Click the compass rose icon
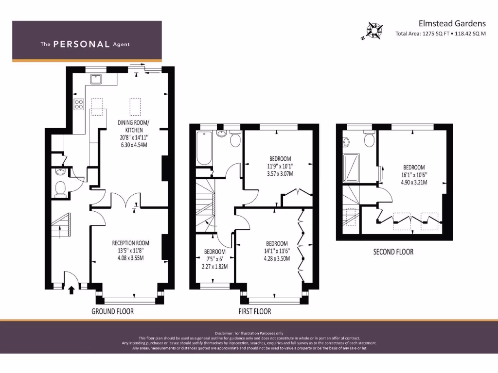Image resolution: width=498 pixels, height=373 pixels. click(374, 30)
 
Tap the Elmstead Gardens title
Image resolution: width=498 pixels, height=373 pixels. click(452, 23)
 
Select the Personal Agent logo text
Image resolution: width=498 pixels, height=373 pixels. click(85, 44)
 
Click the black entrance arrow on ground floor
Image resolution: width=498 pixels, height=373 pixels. click(72, 290)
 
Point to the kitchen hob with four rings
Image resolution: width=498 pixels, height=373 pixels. click(79, 104)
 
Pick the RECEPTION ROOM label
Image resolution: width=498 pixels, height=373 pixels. click(130, 243)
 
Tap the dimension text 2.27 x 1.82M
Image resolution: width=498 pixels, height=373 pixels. click(214, 266)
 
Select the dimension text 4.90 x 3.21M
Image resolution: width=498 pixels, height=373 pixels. click(413, 183)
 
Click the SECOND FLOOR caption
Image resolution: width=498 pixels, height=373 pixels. click(393, 252)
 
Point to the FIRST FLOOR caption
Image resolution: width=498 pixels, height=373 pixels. click(254, 311)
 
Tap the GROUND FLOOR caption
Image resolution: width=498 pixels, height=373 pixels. click(112, 311)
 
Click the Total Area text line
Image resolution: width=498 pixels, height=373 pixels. click(441, 34)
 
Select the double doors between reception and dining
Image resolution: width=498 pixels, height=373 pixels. click(124, 201)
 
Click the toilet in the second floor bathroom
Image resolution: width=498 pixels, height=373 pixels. click(369, 140)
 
